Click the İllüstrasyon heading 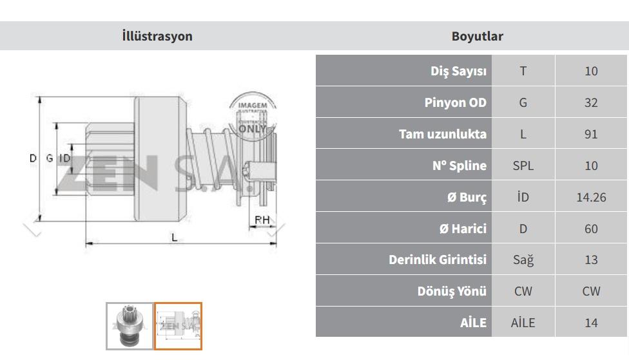click(x=157, y=36)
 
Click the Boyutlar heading click(x=477, y=36)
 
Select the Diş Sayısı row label click(x=458, y=71)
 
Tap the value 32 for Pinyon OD click(x=591, y=102)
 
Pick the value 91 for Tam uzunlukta click(x=591, y=134)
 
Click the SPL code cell click(x=523, y=166)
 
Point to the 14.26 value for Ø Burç click(x=591, y=197)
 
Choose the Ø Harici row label click(x=463, y=229)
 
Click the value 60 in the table click(x=591, y=229)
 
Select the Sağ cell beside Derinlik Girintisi click(x=523, y=260)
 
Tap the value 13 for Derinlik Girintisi click(x=591, y=260)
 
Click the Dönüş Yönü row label click(x=452, y=291)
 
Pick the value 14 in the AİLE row click(x=591, y=323)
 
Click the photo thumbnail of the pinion click(x=130, y=326)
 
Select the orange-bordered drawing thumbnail click(x=178, y=326)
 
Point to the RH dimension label click(x=262, y=220)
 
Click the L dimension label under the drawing click(x=174, y=238)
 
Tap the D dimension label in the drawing click(x=34, y=158)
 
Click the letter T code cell click(x=523, y=71)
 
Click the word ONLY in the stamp click(x=253, y=129)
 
